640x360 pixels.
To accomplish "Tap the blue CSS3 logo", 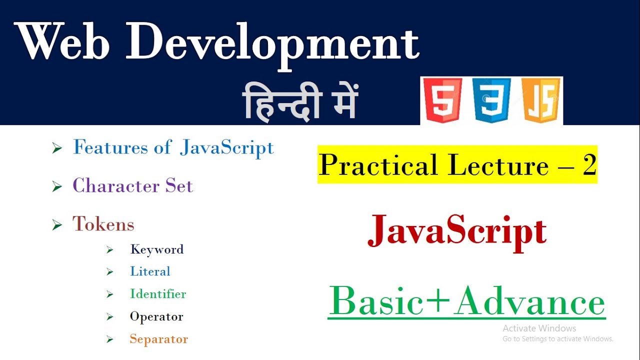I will pos(492,100).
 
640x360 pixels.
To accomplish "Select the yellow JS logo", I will pos(541,100).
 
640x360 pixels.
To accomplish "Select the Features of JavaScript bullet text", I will pos(173,147).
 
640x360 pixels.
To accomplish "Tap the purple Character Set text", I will pos(132,186).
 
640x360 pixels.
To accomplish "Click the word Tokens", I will pos(103,224).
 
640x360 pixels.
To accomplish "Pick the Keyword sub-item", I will pos(156,249).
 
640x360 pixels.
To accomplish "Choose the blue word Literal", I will pos(150,271).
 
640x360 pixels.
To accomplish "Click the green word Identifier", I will pos(158,294).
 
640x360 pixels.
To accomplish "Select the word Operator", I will pos(156,316).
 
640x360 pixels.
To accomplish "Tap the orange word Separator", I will pos(158,339).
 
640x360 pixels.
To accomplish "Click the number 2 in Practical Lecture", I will pos(589,165).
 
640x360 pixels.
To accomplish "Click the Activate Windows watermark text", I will pos(539,328).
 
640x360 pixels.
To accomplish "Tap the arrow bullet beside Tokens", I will pos(57,225).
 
